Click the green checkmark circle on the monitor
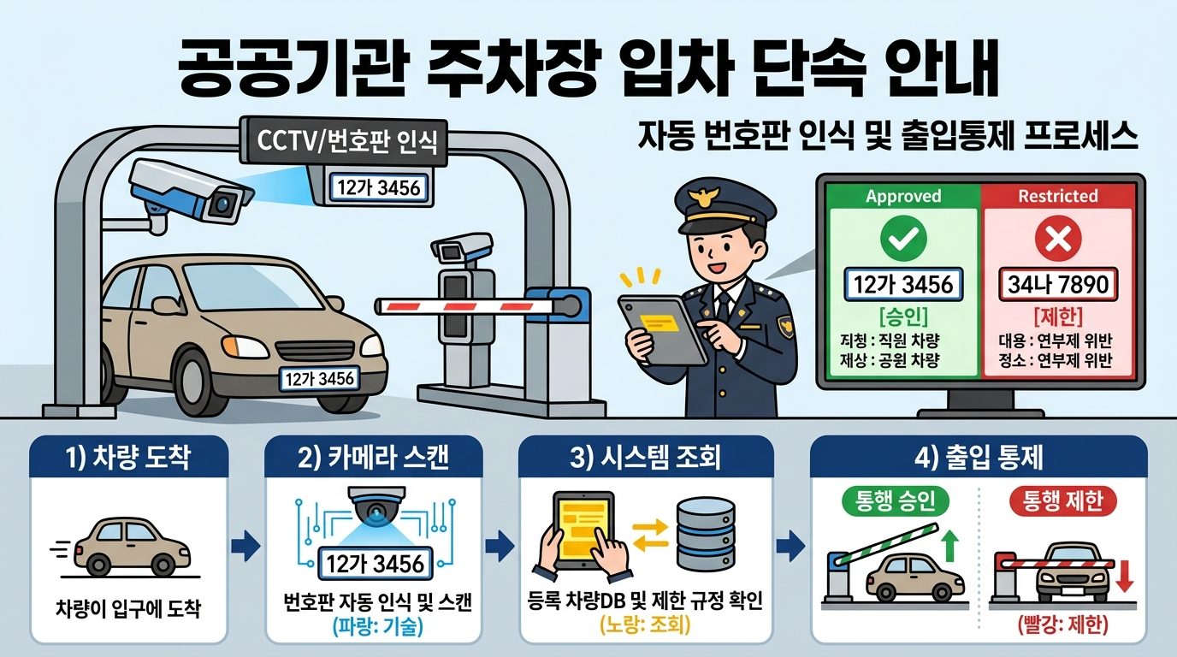point(902,240)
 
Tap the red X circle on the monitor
point(1058,240)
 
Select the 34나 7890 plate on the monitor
point(1059,285)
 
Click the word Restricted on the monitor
point(1058,196)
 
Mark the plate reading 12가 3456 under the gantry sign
point(380,186)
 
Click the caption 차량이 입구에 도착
point(129,609)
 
